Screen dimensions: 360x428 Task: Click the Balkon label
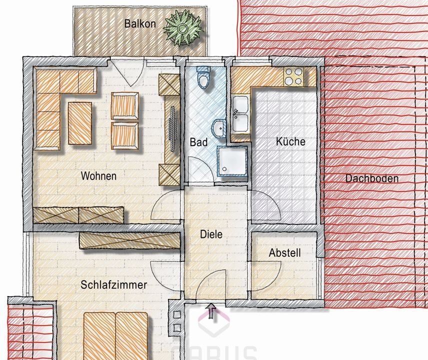pos(140,23)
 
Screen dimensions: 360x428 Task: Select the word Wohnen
pos(99,176)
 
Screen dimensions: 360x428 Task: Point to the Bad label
pos(198,142)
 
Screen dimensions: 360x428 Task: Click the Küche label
pos(290,141)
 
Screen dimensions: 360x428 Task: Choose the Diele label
pos(211,233)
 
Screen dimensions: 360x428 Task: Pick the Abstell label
pos(284,253)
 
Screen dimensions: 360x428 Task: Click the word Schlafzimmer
pos(114,285)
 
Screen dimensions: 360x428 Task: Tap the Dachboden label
pos(372,178)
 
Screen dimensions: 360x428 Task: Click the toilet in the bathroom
pos(203,79)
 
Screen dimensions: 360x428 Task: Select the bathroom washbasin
pos(219,128)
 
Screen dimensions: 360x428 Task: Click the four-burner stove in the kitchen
pos(294,76)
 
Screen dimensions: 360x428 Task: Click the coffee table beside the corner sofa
pos(79,122)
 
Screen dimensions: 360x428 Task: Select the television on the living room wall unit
pos(172,125)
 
